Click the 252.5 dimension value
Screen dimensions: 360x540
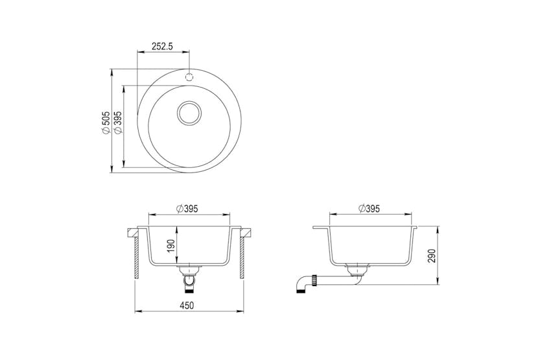162,46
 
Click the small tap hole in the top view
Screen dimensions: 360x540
189,76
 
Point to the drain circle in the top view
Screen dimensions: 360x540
189,113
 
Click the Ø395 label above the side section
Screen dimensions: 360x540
368,209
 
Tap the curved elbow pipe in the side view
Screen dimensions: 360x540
303,283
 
